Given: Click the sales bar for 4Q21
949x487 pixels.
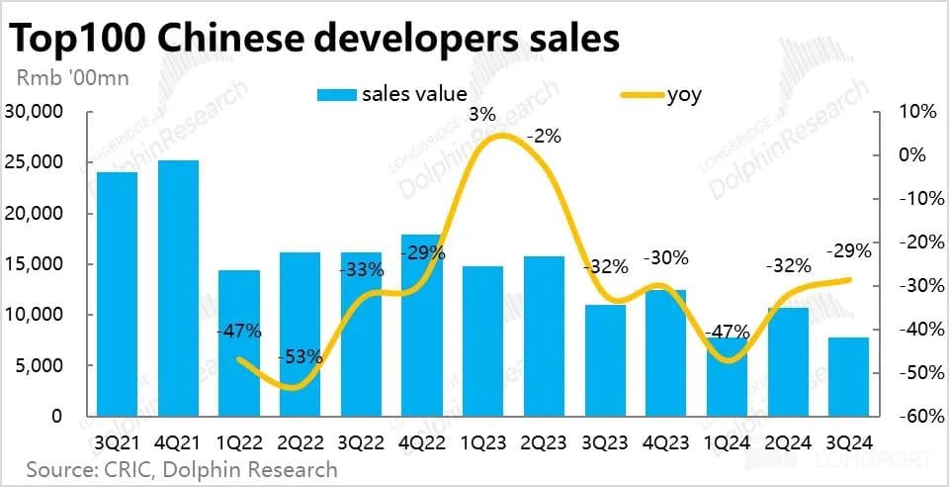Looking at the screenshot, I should coord(178,288).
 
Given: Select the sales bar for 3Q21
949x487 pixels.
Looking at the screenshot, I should coord(117,294).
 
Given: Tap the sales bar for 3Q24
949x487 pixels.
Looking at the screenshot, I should coord(848,376).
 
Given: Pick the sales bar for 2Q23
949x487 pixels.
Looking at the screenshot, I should coord(544,336).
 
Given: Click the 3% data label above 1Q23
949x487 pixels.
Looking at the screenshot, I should coord(481,116).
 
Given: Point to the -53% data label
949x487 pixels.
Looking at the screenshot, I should coord(300,356).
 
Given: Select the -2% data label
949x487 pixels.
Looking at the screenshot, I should coord(543,137).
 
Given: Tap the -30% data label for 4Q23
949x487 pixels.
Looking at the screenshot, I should coord(665,258).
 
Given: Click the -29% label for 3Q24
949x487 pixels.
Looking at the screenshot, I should coord(849,251).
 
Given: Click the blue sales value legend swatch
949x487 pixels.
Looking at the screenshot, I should coord(335,95).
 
